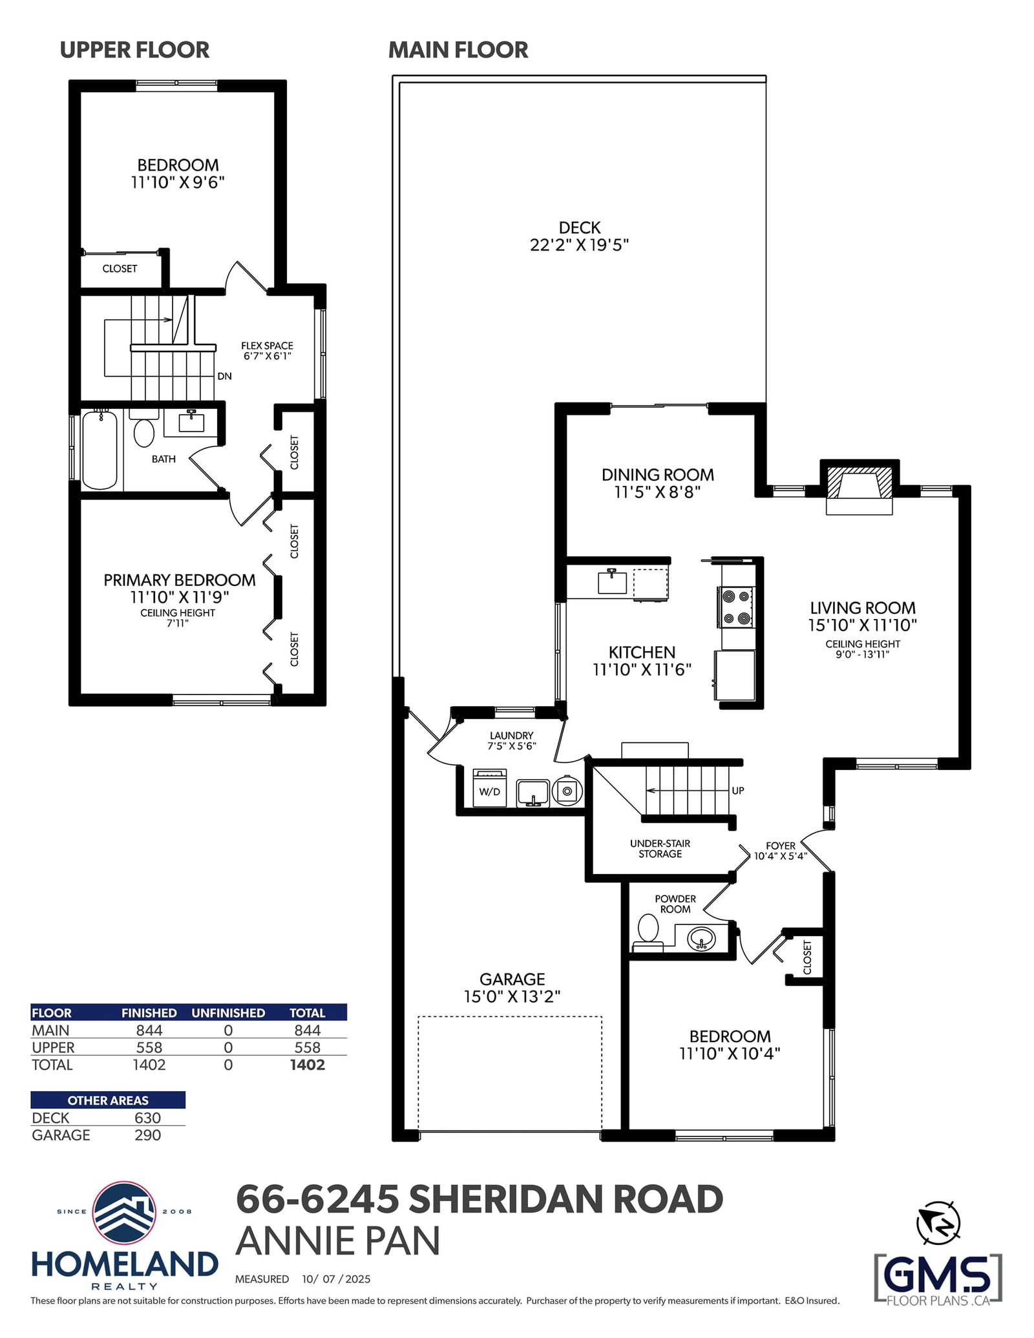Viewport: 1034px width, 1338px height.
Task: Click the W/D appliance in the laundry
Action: coord(490,788)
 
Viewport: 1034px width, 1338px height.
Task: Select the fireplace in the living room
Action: coord(860,488)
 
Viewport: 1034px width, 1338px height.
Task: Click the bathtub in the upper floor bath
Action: coord(100,450)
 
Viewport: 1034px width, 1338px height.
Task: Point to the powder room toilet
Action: coord(648,934)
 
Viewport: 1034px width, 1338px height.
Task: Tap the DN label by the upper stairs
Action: coord(224,376)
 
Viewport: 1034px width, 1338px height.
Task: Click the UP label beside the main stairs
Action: coord(738,790)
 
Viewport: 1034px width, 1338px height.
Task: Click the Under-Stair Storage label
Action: coord(660,848)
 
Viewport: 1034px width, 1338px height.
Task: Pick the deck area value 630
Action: coord(147,1118)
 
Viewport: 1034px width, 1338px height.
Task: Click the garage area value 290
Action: coord(147,1135)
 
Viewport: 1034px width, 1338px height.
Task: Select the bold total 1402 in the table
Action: coord(308,1065)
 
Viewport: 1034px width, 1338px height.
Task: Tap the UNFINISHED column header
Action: coord(228,1013)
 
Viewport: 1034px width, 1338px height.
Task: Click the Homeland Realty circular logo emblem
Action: coord(124,1213)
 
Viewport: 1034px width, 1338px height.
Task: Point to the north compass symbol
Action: coord(938,1223)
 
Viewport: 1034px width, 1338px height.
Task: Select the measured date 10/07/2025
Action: coord(336,1279)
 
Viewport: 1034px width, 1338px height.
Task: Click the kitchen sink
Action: coord(612,581)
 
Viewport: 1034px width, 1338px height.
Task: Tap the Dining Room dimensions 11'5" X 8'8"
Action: coord(658,492)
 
